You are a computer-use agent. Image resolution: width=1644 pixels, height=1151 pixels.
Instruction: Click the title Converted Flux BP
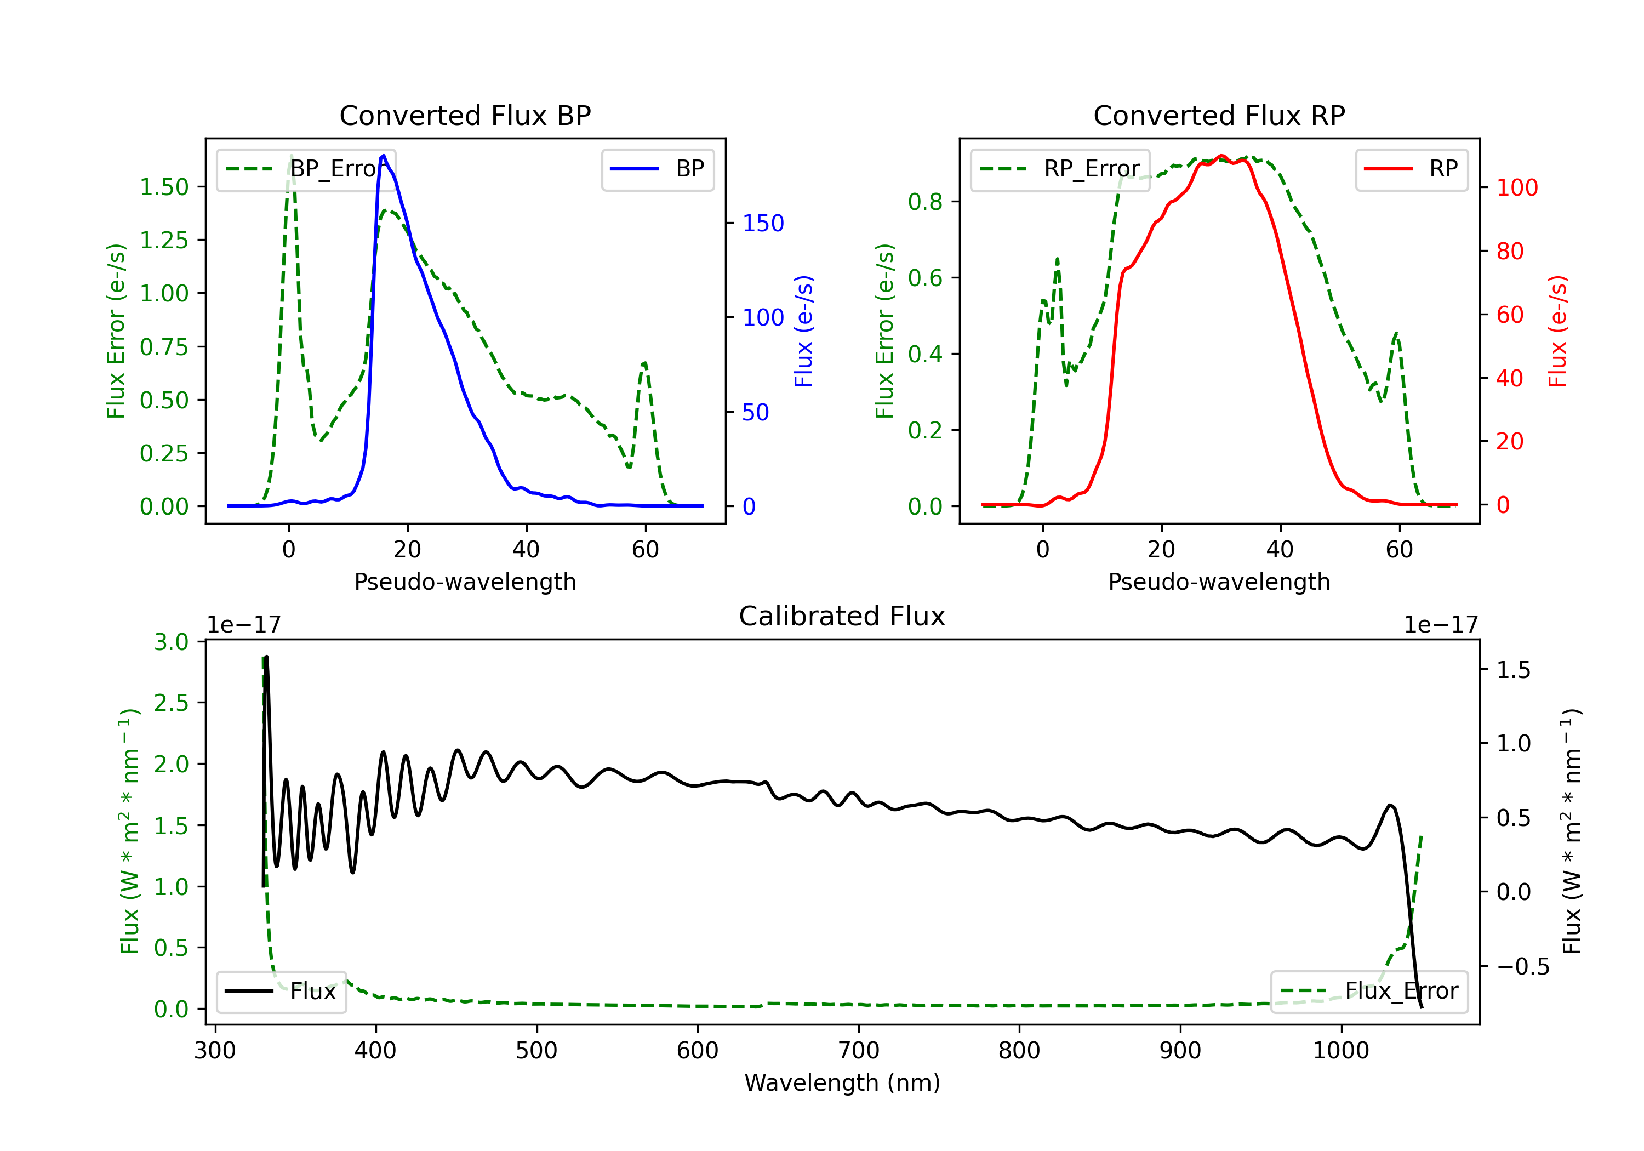[x=465, y=115]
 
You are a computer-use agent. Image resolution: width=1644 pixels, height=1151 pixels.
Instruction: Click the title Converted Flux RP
[x=1219, y=115]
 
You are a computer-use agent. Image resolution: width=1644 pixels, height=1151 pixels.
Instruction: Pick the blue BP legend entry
[x=657, y=169]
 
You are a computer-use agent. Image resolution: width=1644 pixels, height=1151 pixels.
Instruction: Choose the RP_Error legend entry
[x=1060, y=169]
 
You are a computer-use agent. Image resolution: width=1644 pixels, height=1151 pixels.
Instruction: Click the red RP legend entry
[x=1411, y=169]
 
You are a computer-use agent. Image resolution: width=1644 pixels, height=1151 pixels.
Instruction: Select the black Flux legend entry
[x=281, y=992]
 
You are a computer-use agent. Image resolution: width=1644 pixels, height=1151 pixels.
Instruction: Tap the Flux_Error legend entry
[x=1368, y=992]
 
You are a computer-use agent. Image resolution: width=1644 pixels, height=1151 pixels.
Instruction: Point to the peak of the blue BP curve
[x=384, y=156]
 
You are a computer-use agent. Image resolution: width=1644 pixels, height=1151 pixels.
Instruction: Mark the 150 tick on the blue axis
[x=763, y=224]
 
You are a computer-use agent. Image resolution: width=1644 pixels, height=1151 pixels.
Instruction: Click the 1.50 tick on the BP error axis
[x=164, y=187]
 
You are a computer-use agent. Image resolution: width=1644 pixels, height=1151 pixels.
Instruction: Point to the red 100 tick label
[x=1516, y=187]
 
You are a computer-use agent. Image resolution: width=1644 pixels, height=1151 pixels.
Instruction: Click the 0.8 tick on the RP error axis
[x=925, y=202]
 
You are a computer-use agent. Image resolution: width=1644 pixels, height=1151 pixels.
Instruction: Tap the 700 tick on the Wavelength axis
[x=858, y=1051]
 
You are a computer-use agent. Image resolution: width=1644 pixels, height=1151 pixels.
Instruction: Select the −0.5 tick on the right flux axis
[x=1522, y=967]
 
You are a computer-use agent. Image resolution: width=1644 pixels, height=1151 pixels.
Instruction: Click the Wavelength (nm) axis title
[x=842, y=1083]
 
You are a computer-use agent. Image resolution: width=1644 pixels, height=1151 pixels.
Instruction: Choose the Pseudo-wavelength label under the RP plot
[x=1219, y=582]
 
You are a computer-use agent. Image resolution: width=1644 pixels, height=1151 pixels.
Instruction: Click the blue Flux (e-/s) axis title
[x=803, y=332]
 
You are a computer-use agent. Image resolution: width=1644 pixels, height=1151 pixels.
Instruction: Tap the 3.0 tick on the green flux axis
[x=171, y=642]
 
